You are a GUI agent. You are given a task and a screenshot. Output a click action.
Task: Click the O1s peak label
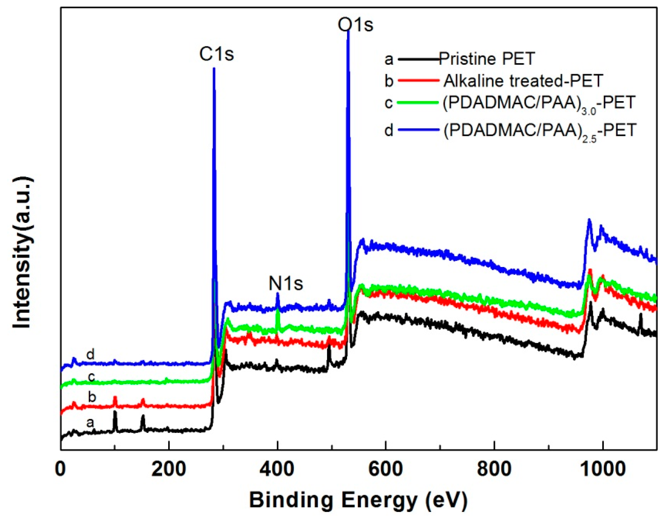click(355, 25)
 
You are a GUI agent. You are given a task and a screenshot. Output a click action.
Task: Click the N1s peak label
click(286, 283)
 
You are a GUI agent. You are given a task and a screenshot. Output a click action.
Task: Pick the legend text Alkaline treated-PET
click(523, 81)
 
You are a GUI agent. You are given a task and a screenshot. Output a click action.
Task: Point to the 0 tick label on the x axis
click(60, 469)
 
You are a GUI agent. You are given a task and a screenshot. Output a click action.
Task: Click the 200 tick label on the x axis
click(169, 469)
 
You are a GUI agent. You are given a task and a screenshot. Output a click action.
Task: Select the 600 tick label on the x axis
click(386, 469)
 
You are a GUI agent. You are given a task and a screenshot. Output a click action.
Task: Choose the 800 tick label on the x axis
click(494, 469)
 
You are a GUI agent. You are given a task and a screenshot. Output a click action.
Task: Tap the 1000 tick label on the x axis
click(602, 469)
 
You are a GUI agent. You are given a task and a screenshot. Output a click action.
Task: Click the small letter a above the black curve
click(90, 423)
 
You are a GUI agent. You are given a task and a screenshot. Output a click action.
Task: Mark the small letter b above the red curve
click(92, 397)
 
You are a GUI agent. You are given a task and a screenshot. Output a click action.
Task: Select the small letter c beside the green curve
click(91, 377)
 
